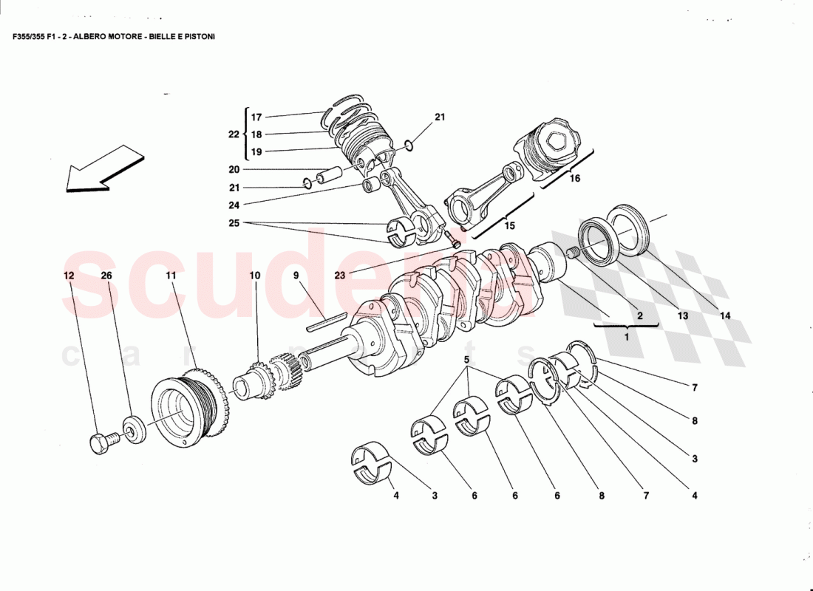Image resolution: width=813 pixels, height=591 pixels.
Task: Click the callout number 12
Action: (68, 276)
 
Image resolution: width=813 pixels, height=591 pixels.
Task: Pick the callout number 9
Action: (296, 276)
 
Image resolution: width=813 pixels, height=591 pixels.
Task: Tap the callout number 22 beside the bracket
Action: (234, 134)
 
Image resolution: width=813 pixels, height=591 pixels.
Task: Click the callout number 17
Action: (256, 117)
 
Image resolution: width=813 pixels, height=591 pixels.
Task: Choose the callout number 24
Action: (234, 205)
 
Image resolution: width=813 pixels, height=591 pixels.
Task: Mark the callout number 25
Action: (234, 222)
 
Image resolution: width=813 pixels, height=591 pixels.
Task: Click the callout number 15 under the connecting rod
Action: (508, 226)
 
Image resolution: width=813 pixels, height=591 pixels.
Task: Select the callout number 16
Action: (575, 178)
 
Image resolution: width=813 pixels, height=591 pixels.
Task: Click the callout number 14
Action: (725, 315)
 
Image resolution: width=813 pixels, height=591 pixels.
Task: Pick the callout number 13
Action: (681, 315)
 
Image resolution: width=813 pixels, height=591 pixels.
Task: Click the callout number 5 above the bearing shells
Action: (466, 360)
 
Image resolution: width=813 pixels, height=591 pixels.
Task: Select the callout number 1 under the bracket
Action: (625, 337)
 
